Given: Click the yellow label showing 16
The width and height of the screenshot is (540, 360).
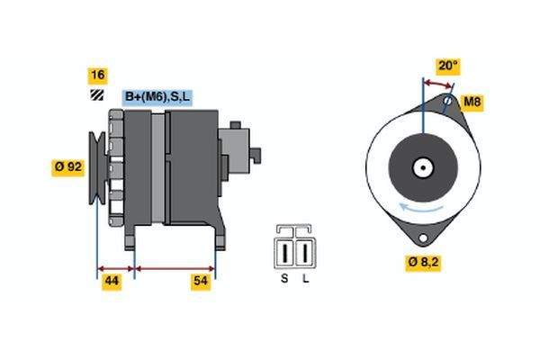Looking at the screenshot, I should tap(96, 75).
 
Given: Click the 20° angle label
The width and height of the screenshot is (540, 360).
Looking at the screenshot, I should tap(447, 66).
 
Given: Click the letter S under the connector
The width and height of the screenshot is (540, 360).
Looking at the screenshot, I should tap(283, 279).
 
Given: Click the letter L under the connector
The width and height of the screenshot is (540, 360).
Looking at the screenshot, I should tap(305, 279).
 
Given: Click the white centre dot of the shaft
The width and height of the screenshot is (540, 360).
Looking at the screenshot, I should tap(420, 167).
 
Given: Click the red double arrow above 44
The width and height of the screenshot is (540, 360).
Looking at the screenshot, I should tap(115, 268).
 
